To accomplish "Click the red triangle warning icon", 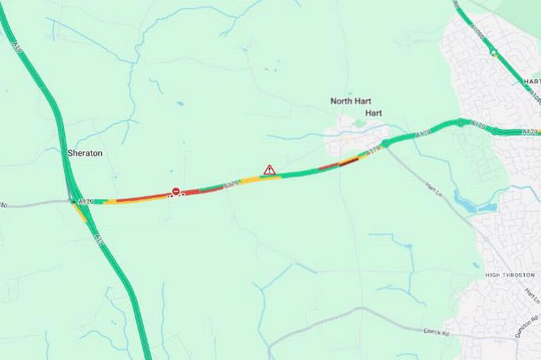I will [x=269, y=170].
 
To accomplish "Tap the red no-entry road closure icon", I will [x=175, y=192].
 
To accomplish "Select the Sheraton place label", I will [x=85, y=153].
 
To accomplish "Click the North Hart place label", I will [x=351, y=101].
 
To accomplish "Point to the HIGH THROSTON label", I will [x=510, y=275].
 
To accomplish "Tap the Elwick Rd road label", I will [x=437, y=330].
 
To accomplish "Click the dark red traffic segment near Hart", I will [x=349, y=161].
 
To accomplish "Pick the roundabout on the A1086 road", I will [x=494, y=52].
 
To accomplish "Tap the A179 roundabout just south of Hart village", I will [x=385, y=144].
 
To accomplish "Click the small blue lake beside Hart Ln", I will [x=471, y=205].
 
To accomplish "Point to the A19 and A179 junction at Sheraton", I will [x=73, y=201].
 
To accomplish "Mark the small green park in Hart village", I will [x=360, y=123].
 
